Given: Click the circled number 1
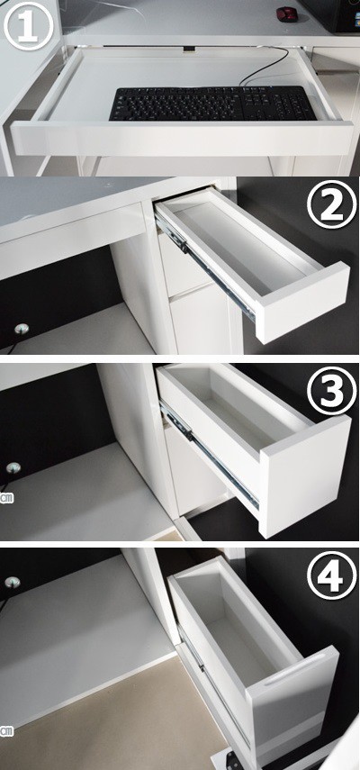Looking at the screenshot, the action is click(x=28, y=25).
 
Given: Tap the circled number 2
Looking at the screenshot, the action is click(x=331, y=204).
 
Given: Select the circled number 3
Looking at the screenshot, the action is click(x=331, y=391).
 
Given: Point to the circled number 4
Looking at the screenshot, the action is click(x=331, y=575).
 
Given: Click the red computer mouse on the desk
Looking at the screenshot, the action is click(x=286, y=14).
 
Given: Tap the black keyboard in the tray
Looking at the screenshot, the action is click(x=212, y=104).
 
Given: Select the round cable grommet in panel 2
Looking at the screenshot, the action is click(x=21, y=329).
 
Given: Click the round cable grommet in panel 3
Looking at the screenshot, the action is click(x=13, y=467).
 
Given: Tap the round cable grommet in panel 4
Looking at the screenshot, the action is click(x=13, y=583).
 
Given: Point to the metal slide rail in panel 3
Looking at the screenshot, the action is click(x=209, y=454).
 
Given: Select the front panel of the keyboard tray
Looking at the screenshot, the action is click(x=182, y=140).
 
